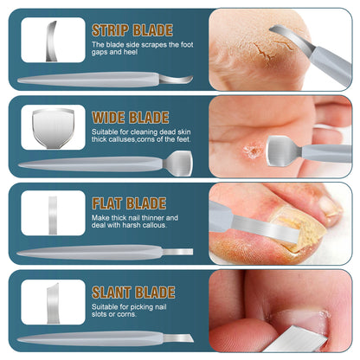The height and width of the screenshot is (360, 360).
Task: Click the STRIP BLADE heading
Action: (132, 30)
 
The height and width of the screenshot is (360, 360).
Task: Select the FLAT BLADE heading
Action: (129, 203)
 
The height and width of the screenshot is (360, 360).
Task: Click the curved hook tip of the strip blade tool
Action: (183, 80)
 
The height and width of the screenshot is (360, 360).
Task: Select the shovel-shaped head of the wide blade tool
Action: (180, 162)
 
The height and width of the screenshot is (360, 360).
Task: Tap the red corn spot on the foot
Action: (252, 151)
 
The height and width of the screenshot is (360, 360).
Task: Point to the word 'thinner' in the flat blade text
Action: (164, 218)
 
